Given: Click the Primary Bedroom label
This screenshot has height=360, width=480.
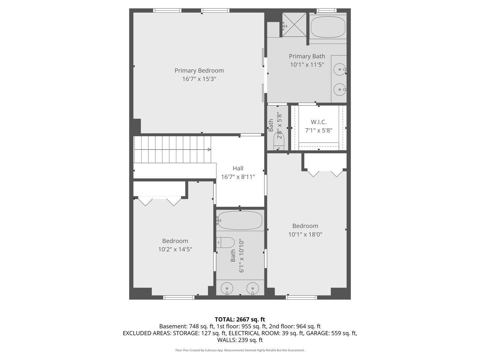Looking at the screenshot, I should tap(199, 70).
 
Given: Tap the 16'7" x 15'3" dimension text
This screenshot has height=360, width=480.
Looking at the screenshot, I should tap(199, 79).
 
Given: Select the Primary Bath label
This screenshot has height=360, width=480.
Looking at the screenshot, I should tap(307, 56).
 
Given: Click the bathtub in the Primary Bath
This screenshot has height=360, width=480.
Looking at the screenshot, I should tap(328, 27).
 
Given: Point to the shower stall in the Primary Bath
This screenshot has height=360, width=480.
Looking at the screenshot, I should tap(294, 24).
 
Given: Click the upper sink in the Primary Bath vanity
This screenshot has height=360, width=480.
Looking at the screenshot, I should tap(340, 70).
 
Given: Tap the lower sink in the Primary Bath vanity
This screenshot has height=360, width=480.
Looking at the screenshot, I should tap(340, 89).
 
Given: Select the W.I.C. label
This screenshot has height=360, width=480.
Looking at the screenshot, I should tap(319, 122).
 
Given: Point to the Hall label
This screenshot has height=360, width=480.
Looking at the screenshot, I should tap(238, 168).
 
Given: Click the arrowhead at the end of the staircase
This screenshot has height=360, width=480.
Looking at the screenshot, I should tap(209, 149).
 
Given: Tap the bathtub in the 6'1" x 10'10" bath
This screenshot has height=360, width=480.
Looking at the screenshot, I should tap(240, 220).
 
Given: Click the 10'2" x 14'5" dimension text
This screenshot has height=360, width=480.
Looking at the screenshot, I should tap(175, 249).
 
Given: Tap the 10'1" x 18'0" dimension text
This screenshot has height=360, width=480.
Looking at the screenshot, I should tap(305, 234).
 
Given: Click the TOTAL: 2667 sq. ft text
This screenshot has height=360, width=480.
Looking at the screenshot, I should tap(240, 319).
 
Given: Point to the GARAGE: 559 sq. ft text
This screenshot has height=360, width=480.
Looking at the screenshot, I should tap(331, 333).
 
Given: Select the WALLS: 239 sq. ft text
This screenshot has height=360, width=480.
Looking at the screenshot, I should tap(240, 340).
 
